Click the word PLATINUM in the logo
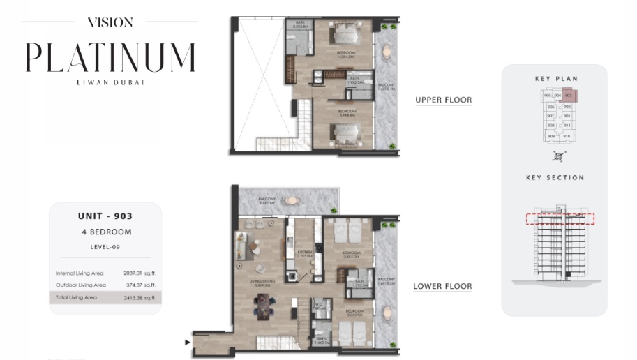110,57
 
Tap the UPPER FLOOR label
443,100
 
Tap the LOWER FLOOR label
442,286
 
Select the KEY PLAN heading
556,79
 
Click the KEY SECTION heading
555,178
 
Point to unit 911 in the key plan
567,126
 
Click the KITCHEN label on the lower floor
303,253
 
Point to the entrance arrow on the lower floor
186,343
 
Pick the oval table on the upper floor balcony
387,52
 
